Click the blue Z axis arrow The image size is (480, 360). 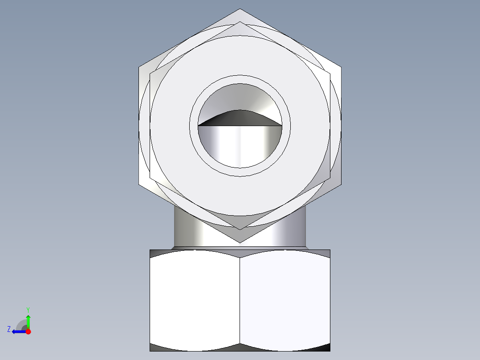tap(17, 331)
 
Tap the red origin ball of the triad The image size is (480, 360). tap(28, 331)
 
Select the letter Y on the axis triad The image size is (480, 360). tap(28, 309)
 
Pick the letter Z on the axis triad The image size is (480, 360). tap(9, 329)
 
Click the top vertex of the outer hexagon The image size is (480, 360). tap(240, 9)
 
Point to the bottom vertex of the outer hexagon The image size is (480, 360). tap(240, 243)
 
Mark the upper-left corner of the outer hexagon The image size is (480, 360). tap(139, 67)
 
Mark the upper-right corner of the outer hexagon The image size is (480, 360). tap(341, 67)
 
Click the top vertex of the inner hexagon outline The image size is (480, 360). tap(240, 22)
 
